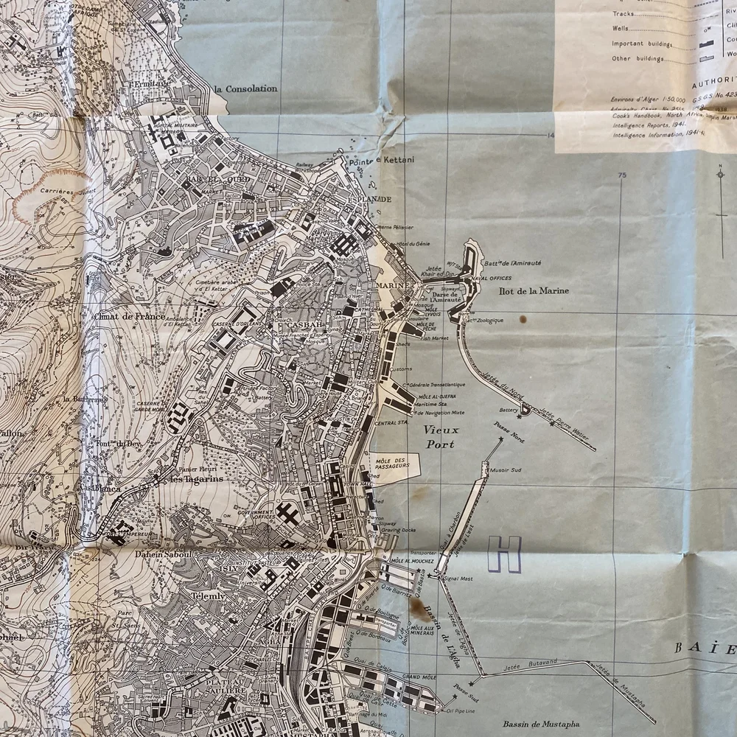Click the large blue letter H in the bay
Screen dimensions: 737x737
pyautogui.click(x=505, y=554)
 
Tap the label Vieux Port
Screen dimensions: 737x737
pyautogui.click(x=440, y=437)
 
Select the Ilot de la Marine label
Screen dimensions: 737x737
pyautogui.click(x=534, y=291)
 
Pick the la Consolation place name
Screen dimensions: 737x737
pyautogui.click(x=245, y=89)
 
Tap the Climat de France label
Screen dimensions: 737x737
pyautogui.click(x=129, y=316)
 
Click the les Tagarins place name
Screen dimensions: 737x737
pyautogui.click(x=197, y=479)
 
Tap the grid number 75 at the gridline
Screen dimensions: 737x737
pyautogui.click(x=622, y=175)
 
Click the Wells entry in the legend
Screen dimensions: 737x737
pyautogui.click(x=621, y=29)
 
